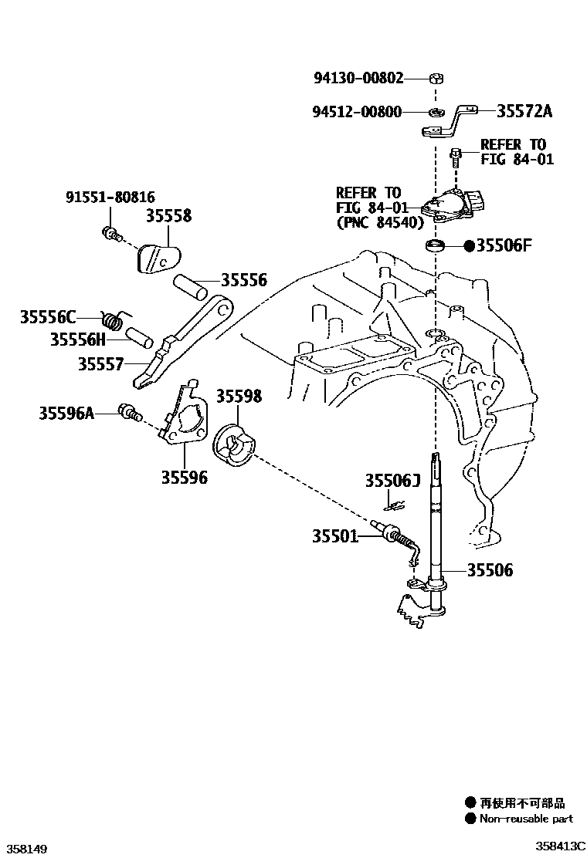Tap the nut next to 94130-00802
pyautogui.click(x=436, y=78)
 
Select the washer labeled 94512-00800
pyautogui.click(x=436, y=113)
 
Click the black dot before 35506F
pyautogui.click(x=469, y=247)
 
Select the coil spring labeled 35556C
pyautogui.click(x=114, y=318)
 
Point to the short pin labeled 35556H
pyautogui.click(x=139, y=338)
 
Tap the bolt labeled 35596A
pyautogui.click(x=127, y=413)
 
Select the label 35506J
pyautogui.click(x=392, y=481)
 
